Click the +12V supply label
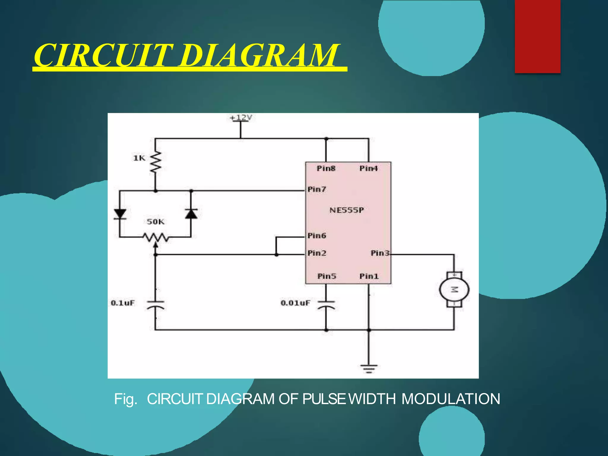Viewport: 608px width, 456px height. coord(241,118)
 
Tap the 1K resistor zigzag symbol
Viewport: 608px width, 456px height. coord(156,162)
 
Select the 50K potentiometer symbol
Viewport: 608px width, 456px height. coord(156,237)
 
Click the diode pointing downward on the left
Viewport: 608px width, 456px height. coord(120,214)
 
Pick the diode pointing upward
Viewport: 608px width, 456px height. coord(191,214)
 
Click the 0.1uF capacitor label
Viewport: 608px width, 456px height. coord(123,303)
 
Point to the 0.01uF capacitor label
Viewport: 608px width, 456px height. coord(295,303)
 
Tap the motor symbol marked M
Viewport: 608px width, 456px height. coord(454,290)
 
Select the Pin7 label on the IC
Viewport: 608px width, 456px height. coord(317,189)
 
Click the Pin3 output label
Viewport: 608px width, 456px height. coord(380,253)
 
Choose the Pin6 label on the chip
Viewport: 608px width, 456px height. coord(317,236)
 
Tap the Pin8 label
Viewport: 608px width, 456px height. coord(326,169)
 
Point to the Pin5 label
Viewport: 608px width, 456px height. coord(327,276)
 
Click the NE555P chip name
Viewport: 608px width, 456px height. coord(346,210)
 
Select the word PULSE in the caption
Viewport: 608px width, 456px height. coord(324,399)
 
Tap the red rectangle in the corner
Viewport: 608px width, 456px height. coord(537,36)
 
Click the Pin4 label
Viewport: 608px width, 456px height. coord(369,169)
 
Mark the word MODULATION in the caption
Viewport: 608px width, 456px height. coord(451,399)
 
